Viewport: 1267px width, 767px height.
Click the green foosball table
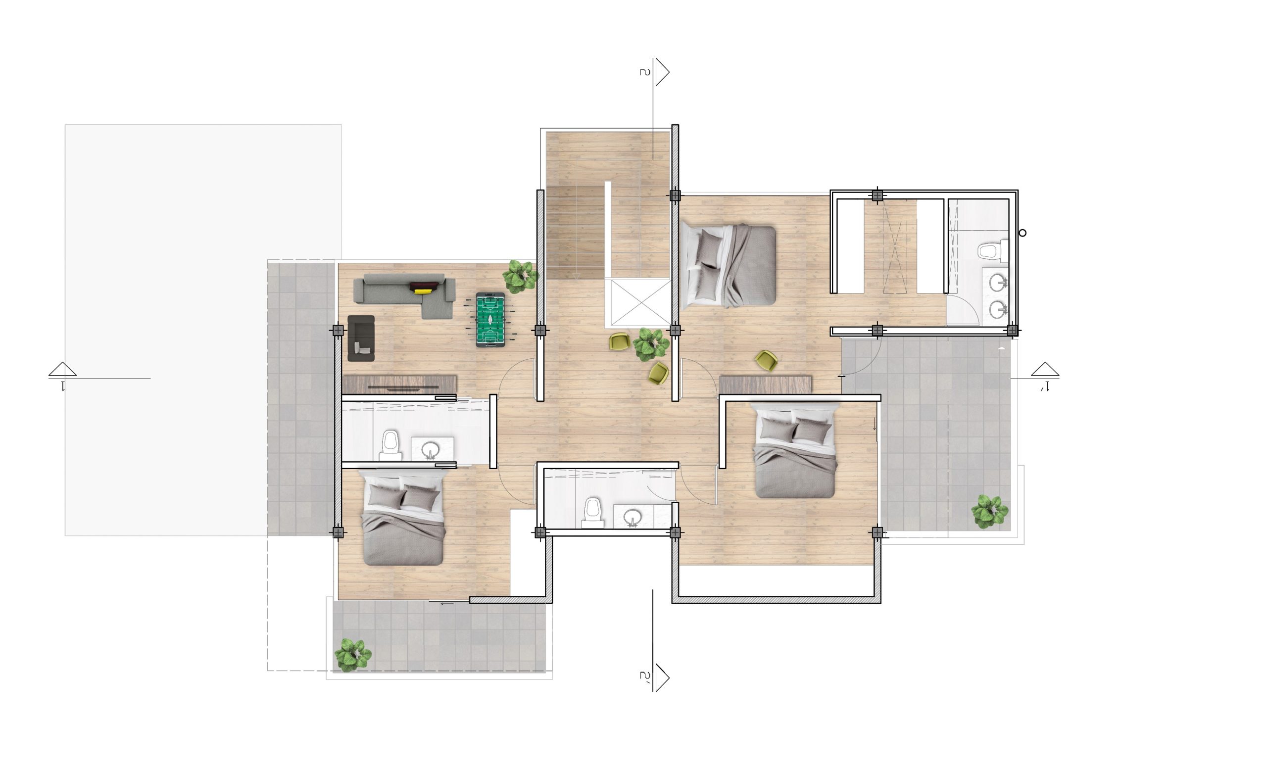point(489,320)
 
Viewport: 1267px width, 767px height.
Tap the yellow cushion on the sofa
point(423,291)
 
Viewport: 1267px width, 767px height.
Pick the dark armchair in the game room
point(361,338)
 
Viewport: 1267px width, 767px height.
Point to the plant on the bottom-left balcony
point(353,656)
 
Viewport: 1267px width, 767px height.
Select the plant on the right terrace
point(989,512)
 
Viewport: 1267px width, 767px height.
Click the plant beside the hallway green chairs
point(650,343)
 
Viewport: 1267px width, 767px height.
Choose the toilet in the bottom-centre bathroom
point(592,513)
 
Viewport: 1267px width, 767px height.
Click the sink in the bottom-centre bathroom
point(633,518)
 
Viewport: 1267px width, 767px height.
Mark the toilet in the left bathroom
point(390,445)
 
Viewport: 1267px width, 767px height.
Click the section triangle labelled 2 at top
point(662,72)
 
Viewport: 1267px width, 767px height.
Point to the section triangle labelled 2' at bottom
point(662,678)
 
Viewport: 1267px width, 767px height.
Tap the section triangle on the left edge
point(63,370)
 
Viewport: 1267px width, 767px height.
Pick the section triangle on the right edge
point(1045,370)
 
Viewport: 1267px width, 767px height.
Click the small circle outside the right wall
point(1023,233)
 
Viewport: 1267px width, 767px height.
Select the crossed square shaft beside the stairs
point(638,303)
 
